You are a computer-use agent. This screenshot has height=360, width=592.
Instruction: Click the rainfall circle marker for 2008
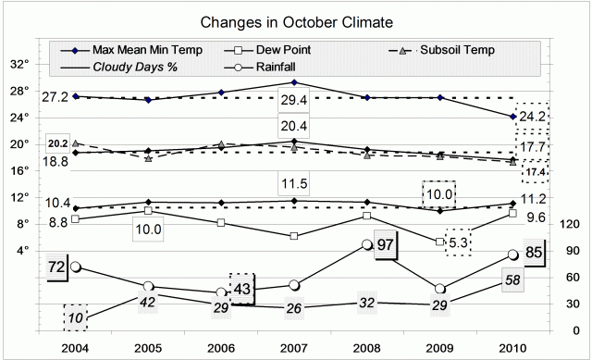click(367, 245)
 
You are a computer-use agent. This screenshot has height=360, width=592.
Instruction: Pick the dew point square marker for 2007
click(294, 236)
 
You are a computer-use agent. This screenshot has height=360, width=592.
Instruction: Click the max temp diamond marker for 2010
click(512, 117)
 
